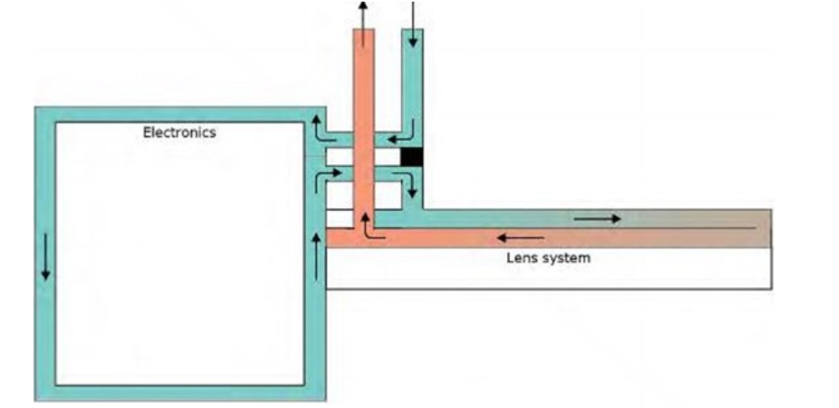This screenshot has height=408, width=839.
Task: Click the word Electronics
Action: [x=179, y=132]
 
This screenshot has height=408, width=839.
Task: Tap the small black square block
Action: [x=412, y=156]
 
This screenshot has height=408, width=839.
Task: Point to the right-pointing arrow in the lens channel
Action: [x=597, y=219]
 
